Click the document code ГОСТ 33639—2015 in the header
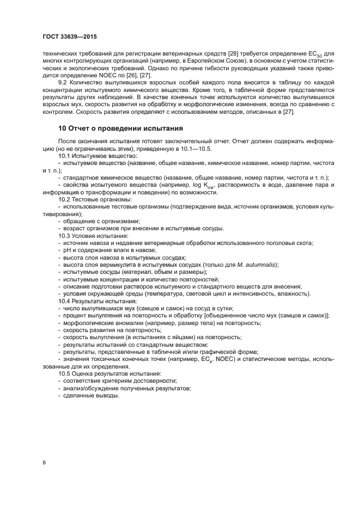(69, 38)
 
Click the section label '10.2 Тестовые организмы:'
(91, 199)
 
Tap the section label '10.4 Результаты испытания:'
(94, 301)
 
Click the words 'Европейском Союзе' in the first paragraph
(215, 63)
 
